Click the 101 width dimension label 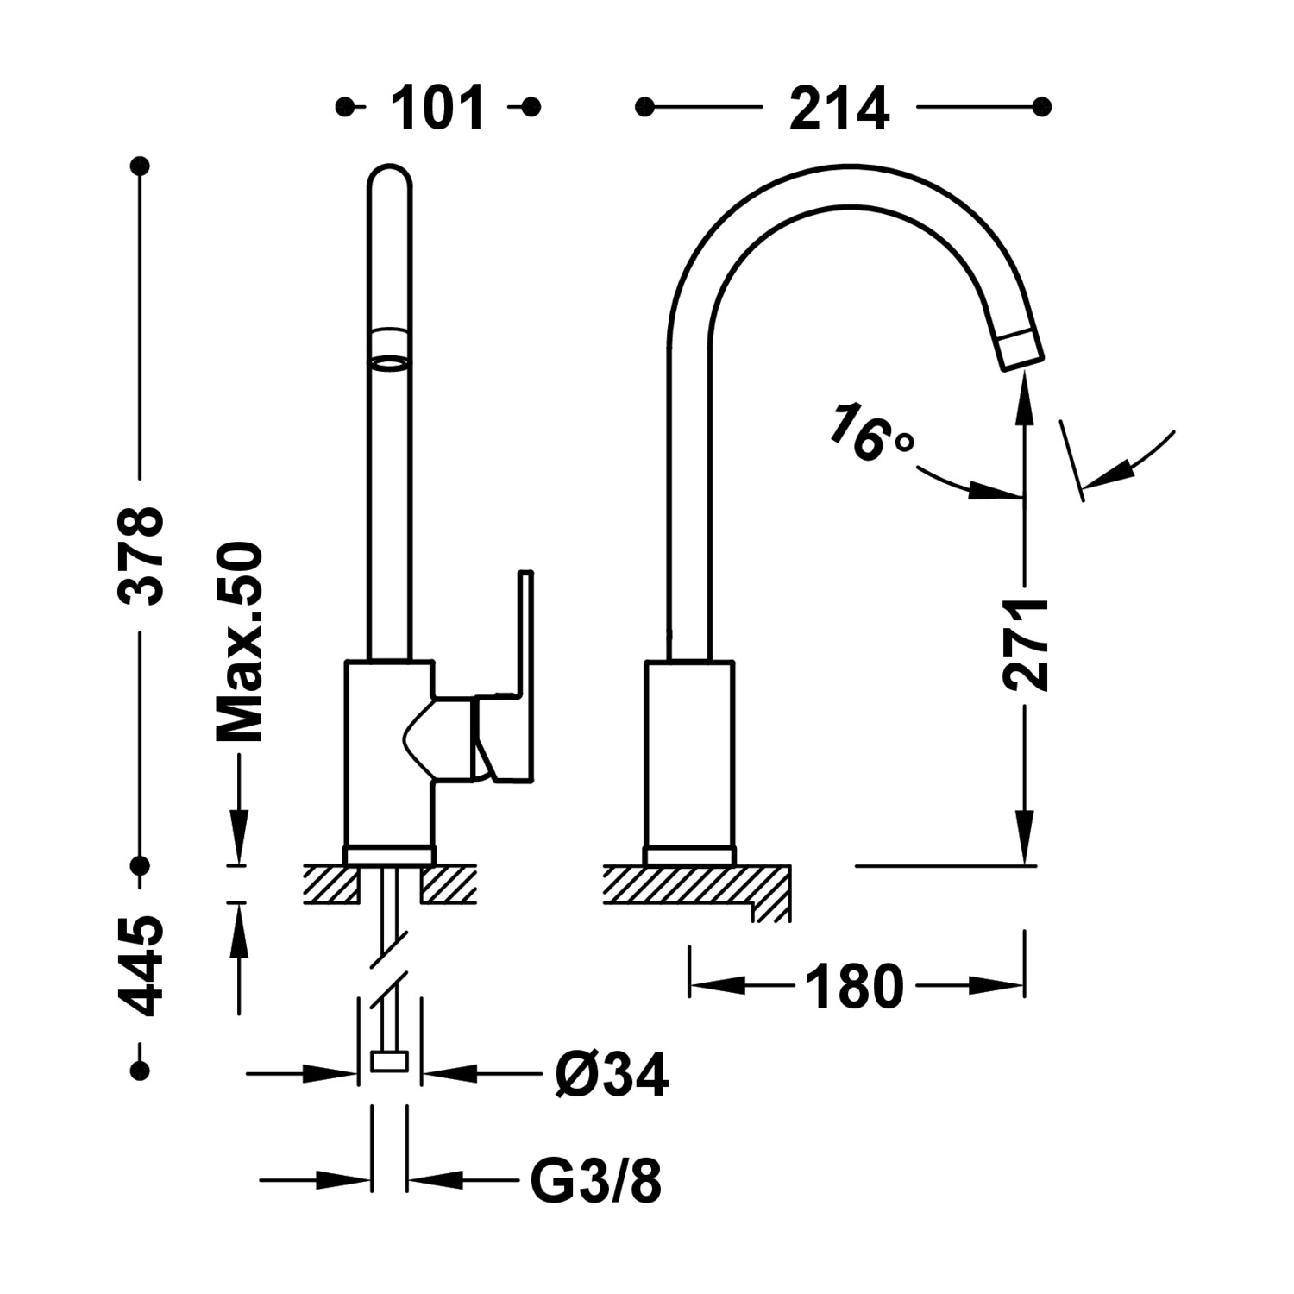coord(438,109)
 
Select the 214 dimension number coord(839,109)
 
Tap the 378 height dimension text coord(140,556)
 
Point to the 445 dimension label coord(140,967)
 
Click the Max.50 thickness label coord(239,643)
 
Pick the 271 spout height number coord(1026,644)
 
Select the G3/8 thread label coord(595,1181)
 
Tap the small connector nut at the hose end coord(389,1061)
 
